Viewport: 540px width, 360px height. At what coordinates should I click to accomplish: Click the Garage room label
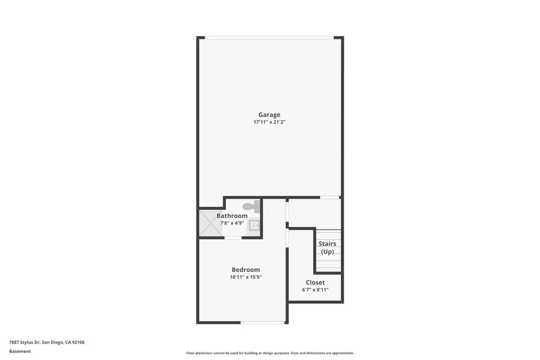point(269,114)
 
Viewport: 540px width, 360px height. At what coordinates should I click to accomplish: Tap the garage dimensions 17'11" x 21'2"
point(269,122)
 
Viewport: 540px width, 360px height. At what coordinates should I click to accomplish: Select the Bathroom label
point(232,216)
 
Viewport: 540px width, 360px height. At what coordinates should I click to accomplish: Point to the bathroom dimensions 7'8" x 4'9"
point(232,223)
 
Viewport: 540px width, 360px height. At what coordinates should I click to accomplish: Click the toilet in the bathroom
point(251,207)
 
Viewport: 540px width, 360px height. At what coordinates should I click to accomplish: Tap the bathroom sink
point(254,226)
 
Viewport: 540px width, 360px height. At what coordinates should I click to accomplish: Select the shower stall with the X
point(211,223)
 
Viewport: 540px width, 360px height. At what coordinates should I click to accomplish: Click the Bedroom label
point(246,270)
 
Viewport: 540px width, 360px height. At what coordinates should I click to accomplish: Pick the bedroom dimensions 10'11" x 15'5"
point(246,277)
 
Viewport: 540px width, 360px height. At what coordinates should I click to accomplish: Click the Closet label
point(315,283)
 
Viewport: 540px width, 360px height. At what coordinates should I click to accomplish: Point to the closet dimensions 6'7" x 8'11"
point(315,290)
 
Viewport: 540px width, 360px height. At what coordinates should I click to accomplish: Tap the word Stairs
point(327,244)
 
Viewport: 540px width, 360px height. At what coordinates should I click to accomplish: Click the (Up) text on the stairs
point(327,252)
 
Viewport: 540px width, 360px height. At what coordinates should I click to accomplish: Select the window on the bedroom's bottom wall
point(263,323)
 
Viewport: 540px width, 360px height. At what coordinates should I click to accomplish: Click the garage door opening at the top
point(269,37)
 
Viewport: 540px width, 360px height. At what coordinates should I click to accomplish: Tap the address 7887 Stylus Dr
point(24,342)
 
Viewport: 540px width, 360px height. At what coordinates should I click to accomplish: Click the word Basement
point(20,352)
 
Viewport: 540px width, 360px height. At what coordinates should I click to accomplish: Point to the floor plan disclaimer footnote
point(270,353)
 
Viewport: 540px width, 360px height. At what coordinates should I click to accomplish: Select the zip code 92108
point(78,342)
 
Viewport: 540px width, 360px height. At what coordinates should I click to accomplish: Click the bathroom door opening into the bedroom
point(233,238)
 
